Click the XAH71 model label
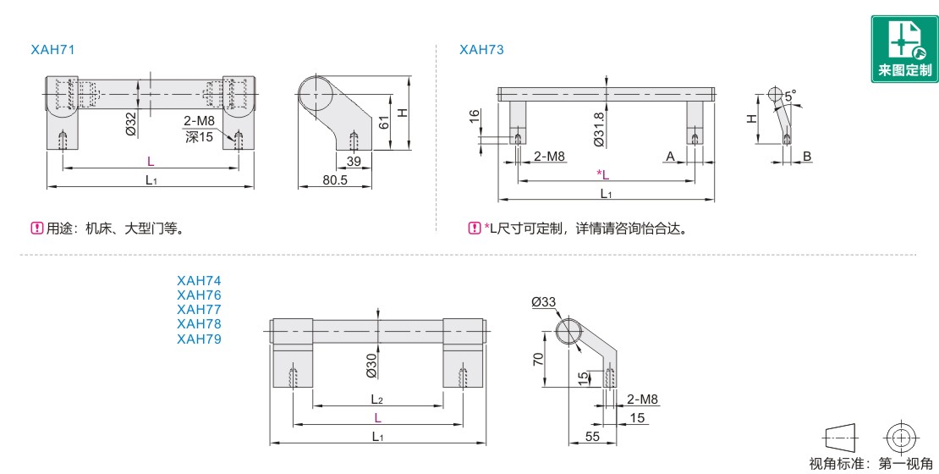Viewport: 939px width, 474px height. [x=52, y=50]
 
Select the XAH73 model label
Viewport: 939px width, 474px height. [x=481, y=50]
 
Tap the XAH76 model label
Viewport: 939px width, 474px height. [x=199, y=295]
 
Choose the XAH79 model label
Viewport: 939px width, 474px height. [x=199, y=339]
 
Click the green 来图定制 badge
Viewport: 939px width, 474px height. [x=904, y=49]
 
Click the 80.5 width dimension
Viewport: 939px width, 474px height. [x=335, y=179]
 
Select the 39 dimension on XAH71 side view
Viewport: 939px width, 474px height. [x=354, y=161]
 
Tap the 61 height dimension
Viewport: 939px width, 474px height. [x=384, y=122]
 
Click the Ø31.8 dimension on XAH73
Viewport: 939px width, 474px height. [x=599, y=130]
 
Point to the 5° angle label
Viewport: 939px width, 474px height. [x=790, y=96]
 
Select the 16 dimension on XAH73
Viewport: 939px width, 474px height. [x=475, y=116]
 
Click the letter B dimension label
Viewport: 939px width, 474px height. [x=807, y=157]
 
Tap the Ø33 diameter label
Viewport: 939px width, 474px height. [x=543, y=302]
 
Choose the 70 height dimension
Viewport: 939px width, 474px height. [x=538, y=360]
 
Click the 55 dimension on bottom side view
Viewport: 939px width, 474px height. [x=592, y=437]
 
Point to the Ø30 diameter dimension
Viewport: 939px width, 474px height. [x=371, y=367]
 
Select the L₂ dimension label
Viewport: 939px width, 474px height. [x=377, y=400]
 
